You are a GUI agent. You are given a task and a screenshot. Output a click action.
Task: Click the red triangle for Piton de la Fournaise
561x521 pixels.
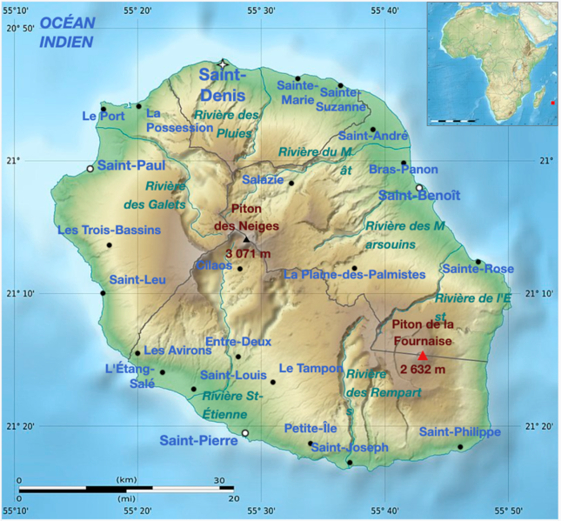(x=423, y=355)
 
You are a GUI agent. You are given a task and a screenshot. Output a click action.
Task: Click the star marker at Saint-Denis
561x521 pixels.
(x=223, y=64)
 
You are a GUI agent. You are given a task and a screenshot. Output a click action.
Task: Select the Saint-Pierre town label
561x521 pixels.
(x=198, y=441)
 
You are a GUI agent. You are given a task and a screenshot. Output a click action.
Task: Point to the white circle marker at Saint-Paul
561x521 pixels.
(x=90, y=169)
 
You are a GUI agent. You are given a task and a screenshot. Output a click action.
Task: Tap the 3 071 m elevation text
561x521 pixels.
(x=248, y=253)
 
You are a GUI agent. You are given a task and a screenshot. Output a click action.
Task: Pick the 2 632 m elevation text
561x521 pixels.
(x=423, y=369)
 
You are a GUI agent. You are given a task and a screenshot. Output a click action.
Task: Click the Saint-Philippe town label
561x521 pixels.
(x=459, y=431)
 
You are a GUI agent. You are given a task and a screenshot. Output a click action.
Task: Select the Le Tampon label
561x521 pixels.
(x=311, y=368)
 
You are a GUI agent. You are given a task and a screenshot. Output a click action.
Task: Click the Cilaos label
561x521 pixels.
(x=214, y=265)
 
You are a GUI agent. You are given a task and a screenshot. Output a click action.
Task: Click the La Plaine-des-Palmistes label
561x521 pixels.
(x=355, y=275)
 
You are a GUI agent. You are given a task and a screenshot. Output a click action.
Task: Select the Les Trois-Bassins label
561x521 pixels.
(x=109, y=230)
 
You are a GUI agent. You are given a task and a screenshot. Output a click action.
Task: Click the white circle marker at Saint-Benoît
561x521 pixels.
(x=419, y=187)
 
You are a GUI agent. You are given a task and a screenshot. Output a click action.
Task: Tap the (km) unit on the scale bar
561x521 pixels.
(x=127, y=480)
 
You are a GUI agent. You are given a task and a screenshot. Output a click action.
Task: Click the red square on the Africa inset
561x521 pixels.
(x=552, y=104)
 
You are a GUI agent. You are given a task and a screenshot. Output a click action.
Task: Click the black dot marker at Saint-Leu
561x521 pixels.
(x=103, y=293)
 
